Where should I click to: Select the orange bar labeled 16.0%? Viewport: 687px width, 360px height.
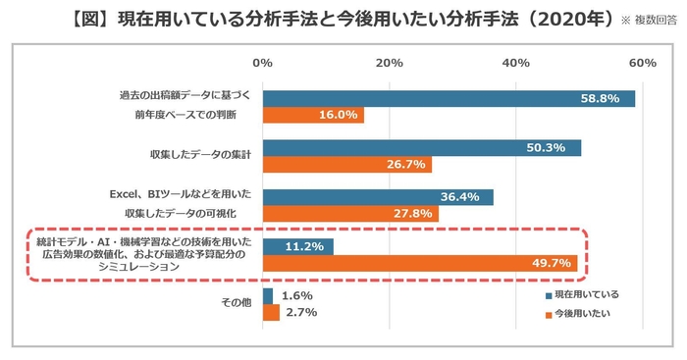[x=313, y=116]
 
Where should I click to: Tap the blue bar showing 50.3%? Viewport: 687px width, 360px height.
[x=422, y=148]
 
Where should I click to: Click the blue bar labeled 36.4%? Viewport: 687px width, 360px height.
[x=378, y=197]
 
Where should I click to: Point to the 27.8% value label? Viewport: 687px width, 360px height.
[x=415, y=214]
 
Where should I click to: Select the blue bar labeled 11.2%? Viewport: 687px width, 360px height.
[x=298, y=246]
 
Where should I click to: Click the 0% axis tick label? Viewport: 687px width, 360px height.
[x=263, y=63]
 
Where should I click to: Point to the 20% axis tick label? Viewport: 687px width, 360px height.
[x=390, y=63]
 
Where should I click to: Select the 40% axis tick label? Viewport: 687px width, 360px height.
[x=516, y=63]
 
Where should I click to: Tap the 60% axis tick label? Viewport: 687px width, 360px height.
[x=642, y=63]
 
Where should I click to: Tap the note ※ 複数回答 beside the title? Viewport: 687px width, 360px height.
[x=651, y=20]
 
